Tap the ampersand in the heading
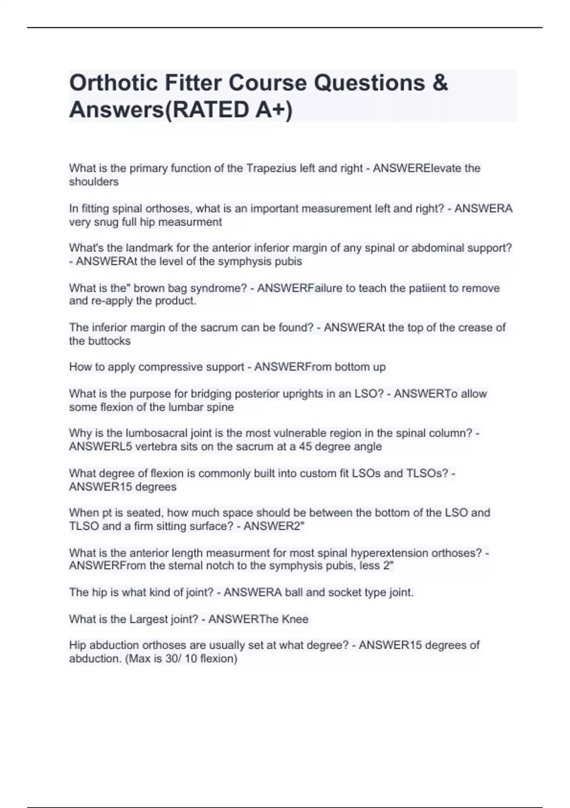point(440,83)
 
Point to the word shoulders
point(94,182)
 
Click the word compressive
point(169,367)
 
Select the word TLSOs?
point(427,473)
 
